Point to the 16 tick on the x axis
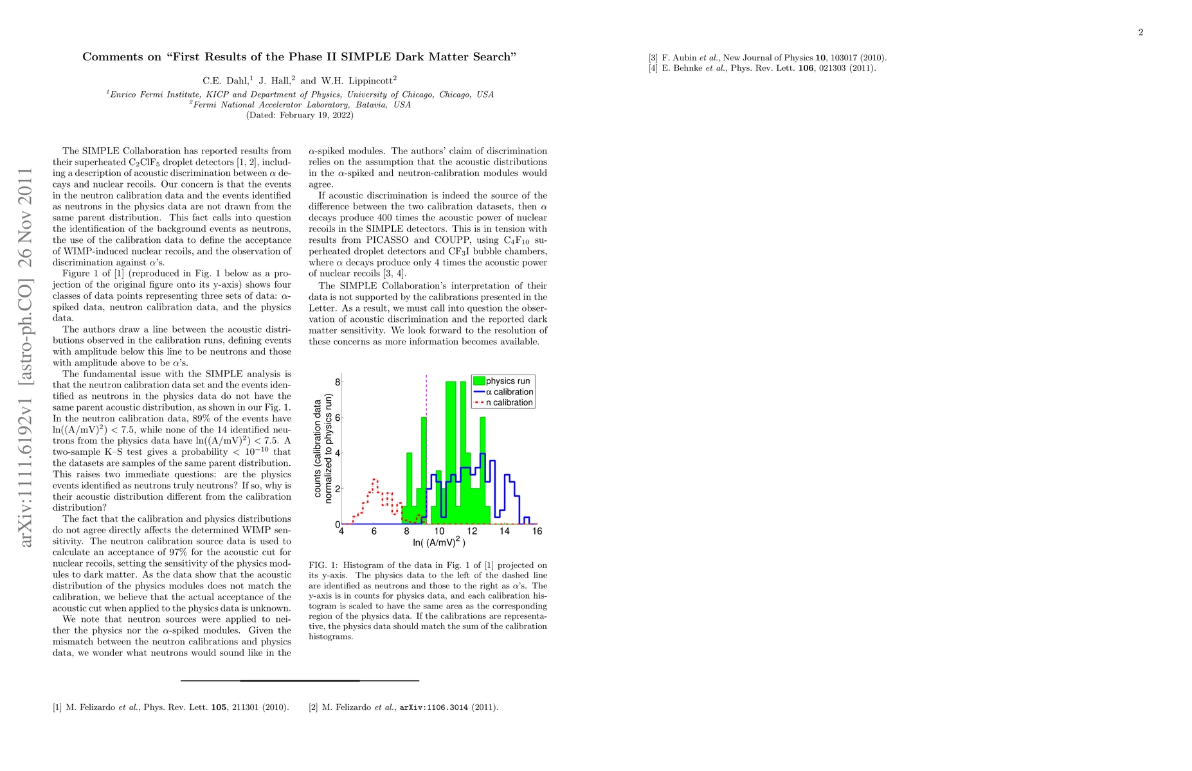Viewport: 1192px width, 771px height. [x=537, y=531]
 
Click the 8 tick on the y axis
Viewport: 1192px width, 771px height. [x=338, y=382]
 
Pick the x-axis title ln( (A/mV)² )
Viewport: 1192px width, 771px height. [x=439, y=543]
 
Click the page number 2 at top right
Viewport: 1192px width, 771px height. [x=1141, y=33]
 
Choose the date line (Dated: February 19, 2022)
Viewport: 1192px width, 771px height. [x=300, y=116]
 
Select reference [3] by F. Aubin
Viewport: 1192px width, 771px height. [x=768, y=58]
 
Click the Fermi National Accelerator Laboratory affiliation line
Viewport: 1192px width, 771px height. [x=300, y=105]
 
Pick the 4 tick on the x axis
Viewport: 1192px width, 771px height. [x=341, y=531]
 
